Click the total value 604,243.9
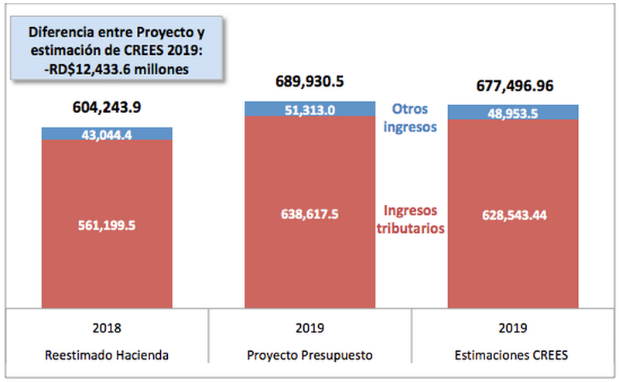tap(107, 107)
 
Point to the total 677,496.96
tap(514, 86)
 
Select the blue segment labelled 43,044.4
tap(107, 134)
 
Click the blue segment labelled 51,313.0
tap(309, 109)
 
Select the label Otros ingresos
tap(411, 117)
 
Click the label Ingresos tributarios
tap(410, 220)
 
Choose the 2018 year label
tap(107, 328)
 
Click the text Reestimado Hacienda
tap(107, 355)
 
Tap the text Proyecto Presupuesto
tap(309, 355)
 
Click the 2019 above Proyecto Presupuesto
tap(309, 328)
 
